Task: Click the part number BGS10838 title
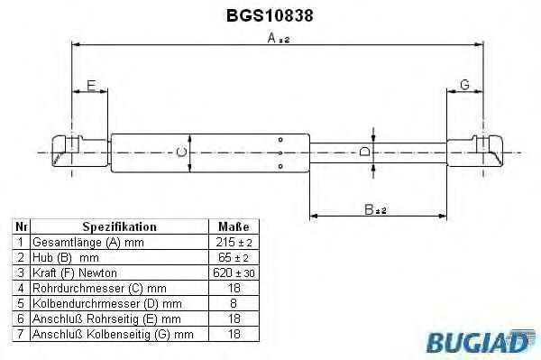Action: (x=270, y=15)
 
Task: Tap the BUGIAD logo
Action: (x=481, y=342)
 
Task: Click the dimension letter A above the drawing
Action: (x=272, y=38)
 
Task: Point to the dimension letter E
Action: (x=91, y=85)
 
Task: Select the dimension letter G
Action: (x=464, y=85)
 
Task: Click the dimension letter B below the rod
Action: (x=369, y=209)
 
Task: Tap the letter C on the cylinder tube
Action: (x=181, y=152)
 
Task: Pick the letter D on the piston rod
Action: (x=364, y=152)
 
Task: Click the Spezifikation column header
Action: (x=119, y=226)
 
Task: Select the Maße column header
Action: (x=234, y=226)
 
